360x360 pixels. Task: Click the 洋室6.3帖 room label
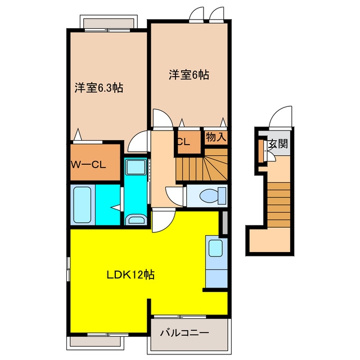(x=99, y=88)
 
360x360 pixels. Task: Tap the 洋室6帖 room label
(x=189, y=75)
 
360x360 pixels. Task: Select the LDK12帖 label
(x=130, y=274)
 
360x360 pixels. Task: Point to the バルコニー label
(x=184, y=332)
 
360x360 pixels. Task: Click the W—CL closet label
(x=88, y=165)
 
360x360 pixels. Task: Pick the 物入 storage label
(x=216, y=137)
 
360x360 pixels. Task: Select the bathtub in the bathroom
(x=82, y=205)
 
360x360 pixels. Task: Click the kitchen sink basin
(x=215, y=248)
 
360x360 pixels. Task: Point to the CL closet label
(x=183, y=142)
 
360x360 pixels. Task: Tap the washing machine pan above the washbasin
(x=136, y=168)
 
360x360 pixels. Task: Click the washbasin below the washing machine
(x=136, y=220)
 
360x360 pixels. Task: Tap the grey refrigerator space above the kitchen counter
(x=225, y=223)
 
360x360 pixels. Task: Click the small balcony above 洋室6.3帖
(x=109, y=23)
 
